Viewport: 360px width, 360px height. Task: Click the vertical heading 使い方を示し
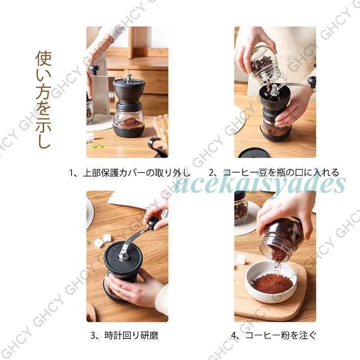(43, 99)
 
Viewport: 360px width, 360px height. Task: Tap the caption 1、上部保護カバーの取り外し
(130, 173)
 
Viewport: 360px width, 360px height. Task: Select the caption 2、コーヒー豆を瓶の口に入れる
(274, 173)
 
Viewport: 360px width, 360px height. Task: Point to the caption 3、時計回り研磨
(125, 336)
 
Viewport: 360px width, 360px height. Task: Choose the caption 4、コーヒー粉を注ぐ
(274, 335)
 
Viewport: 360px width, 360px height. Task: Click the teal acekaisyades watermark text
(260, 184)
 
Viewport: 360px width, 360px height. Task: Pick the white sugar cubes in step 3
(103, 240)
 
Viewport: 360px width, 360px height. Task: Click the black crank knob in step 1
(94, 69)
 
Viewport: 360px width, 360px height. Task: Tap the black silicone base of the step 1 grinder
(129, 131)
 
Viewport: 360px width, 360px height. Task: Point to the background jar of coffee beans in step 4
(241, 208)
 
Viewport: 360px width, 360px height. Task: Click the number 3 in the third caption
(93, 336)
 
